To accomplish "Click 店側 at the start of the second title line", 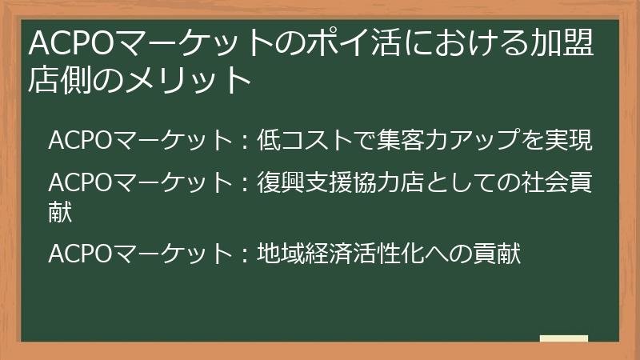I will (57, 81).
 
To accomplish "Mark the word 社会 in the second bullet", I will (543, 183).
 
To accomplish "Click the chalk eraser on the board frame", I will (564, 339).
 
